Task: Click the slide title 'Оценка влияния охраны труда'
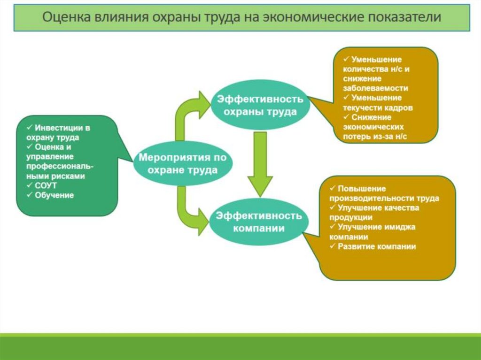pos(242,18)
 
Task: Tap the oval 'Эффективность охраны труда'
pos(260,106)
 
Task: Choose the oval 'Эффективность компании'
pos(260,222)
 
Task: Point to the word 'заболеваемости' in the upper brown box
pos(375,88)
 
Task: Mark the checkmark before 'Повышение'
pos(332,188)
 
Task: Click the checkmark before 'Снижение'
pos(346,117)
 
